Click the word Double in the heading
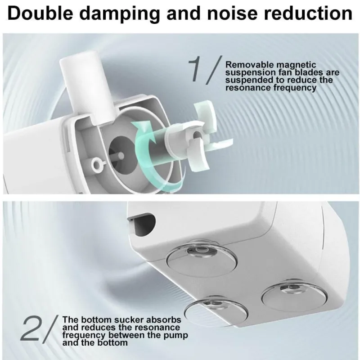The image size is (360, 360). (40, 13)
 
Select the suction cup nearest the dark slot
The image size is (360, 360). (201, 256)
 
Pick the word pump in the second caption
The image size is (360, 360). (175, 336)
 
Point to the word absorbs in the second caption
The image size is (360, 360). (164, 320)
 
